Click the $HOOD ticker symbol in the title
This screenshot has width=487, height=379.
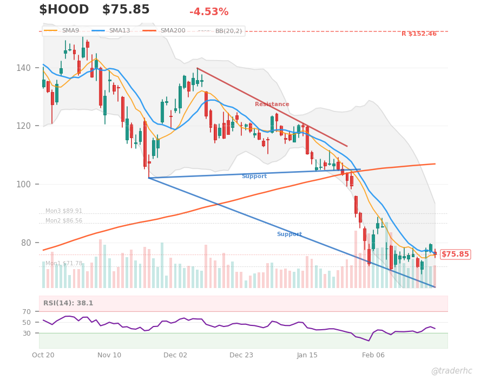64,10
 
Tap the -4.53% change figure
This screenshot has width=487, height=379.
209,12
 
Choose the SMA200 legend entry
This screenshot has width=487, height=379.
173,31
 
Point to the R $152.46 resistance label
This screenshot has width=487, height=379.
419,34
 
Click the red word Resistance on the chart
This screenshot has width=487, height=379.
272,104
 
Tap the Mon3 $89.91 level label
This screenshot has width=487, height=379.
64,211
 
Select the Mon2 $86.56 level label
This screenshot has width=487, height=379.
64,221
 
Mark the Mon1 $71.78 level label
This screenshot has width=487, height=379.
64,264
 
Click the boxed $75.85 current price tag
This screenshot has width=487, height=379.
455,254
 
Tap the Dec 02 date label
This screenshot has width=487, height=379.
175,355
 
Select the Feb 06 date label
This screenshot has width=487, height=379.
373,355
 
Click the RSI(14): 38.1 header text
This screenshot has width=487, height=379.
68,303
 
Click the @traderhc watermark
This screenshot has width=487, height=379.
451,371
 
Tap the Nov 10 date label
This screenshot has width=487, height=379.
109,355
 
